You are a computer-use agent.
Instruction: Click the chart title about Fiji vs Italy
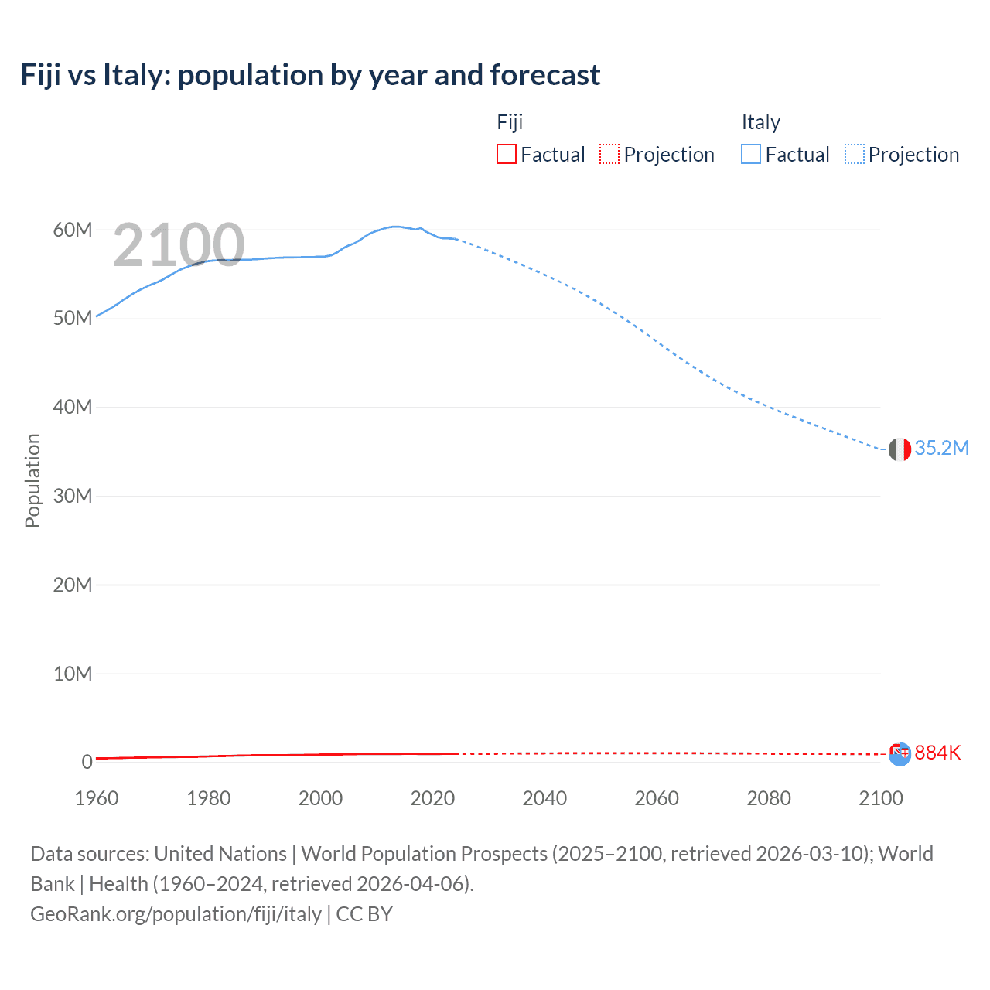point(310,75)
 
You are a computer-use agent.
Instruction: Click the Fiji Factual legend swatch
point(506,154)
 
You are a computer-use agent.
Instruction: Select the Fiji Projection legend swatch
point(609,154)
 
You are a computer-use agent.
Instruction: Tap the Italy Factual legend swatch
point(750,154)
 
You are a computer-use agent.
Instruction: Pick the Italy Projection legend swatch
point(854,154)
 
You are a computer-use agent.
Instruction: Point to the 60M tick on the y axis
point(73,230)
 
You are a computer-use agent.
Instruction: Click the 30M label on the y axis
point(73,496)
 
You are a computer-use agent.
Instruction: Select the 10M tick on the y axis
point(73,674)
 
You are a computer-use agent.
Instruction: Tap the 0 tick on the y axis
point(87,762)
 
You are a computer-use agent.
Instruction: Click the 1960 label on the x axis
point(97,798)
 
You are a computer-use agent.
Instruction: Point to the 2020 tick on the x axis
point(432,798)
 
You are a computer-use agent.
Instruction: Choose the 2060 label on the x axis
point(657,798)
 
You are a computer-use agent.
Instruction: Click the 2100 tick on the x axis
point(880,798)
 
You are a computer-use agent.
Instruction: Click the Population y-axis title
point(32,480)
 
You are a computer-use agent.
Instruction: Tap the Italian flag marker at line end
point(900,449)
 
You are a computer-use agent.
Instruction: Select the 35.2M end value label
point(941,449)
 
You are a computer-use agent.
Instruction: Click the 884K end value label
point(937,753)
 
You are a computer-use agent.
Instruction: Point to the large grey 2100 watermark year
point(179,245)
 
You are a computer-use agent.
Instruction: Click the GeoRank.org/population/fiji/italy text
point(176,914)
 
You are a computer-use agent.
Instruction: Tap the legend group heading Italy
point(760,122)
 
